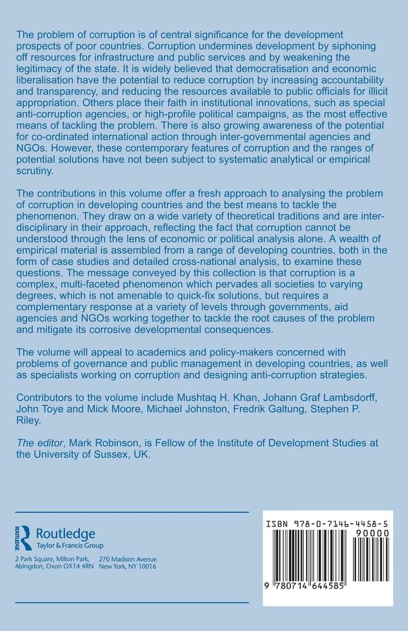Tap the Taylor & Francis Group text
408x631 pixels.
point(70,545)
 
